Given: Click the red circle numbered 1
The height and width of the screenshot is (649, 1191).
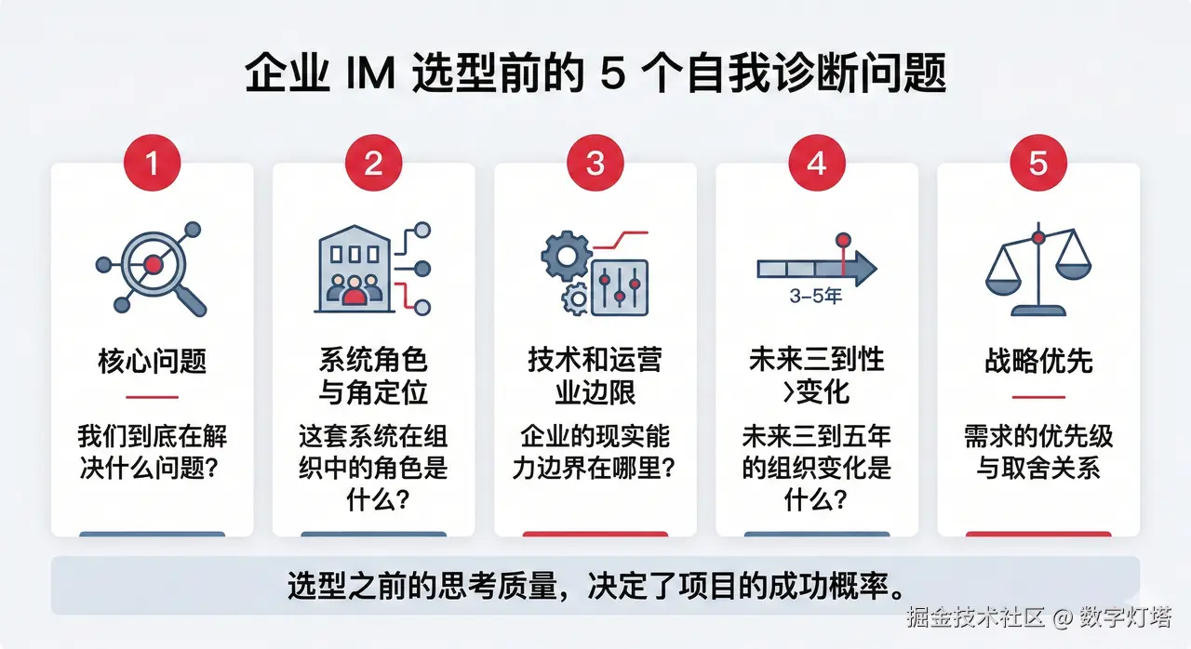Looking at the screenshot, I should [x=153, y=164].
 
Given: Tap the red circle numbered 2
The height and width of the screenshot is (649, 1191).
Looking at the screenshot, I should [x=373, y=164].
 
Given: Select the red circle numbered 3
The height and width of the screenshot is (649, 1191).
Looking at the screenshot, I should [x=595, y=164].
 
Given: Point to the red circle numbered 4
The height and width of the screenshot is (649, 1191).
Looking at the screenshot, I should [x=816, y=164].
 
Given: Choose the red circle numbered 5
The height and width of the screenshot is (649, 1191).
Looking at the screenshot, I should [x=1038, y=164].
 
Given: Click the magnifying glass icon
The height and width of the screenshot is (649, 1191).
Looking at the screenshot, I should [x=154, y=267].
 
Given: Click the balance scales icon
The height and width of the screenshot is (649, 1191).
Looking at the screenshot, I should [x=1037, y=272].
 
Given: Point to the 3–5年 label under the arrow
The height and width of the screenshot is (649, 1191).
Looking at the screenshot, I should [x=815, y=298].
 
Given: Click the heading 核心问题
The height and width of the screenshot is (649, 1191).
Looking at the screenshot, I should [x=152, y=361].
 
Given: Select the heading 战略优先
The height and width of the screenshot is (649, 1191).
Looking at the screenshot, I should [x=1038, y=361].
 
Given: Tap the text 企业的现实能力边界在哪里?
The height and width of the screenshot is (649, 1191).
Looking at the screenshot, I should [x=595, y=453].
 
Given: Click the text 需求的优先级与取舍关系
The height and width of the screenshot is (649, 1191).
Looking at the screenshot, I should [x=1038, y=453].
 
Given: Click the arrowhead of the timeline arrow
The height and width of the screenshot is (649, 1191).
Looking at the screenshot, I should [x=864, y=269].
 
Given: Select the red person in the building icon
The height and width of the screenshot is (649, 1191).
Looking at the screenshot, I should [x=354, y=296].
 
